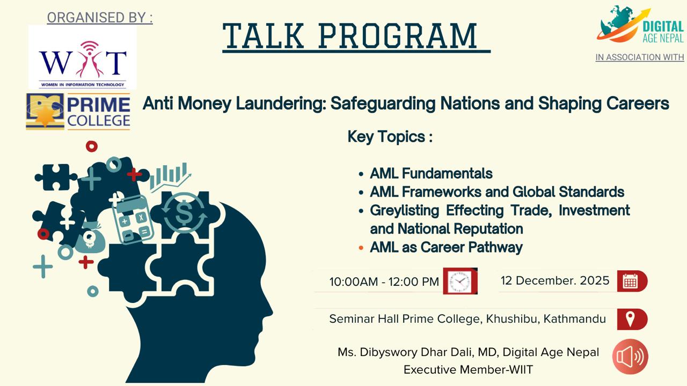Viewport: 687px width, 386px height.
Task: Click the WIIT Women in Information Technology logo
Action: (82, 57)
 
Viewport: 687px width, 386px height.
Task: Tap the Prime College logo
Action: (78, 112)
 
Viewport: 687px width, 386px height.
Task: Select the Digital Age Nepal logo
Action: (640, 25)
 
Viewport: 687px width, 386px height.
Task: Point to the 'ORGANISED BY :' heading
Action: (100, 18)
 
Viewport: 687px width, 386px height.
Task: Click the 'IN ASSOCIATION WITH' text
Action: (640, 57)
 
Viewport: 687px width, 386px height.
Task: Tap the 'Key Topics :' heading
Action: (390, 137)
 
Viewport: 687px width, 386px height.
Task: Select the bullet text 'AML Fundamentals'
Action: (431, 173)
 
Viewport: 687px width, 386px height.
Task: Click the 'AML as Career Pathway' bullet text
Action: (446, 248)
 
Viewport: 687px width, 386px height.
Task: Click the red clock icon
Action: (461, 281)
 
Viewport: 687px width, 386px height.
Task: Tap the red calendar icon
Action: (632, 281)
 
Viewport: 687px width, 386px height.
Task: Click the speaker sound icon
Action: (630, 357)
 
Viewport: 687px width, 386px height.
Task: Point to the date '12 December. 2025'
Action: (555, 280)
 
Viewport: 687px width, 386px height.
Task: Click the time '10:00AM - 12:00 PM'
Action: (384, 282)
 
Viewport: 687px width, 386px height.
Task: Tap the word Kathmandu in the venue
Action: (574, 319)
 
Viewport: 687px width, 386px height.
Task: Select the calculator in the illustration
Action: (132, 219)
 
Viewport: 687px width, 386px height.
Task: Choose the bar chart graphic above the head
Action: (170, 177)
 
